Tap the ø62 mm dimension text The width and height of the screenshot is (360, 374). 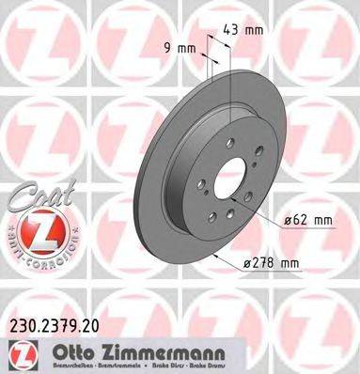pyautogui.click(x=309, y=221)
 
